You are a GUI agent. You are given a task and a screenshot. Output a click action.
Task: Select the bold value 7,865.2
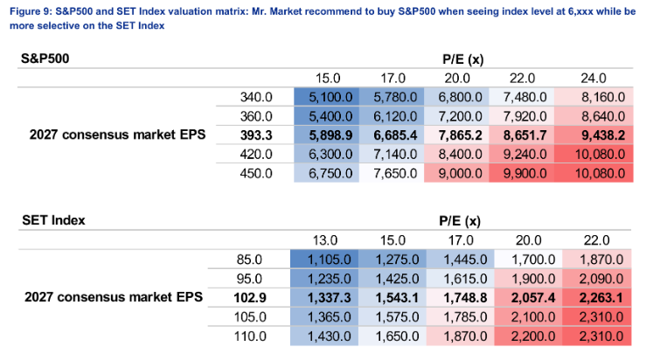click(x=460, y=135)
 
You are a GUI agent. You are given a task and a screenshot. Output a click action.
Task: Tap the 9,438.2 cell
click(x=603, y=135)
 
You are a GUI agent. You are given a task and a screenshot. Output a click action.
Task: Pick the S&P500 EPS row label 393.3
click(x=256, y=135)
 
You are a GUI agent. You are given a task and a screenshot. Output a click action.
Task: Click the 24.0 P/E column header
click(x=594, y=79)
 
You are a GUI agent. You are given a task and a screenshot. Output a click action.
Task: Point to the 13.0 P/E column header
click(x=324, y=240)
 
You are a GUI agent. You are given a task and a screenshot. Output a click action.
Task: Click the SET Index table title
click(x=53, y=220)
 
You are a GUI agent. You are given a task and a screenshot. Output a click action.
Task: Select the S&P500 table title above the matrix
click(x=45, y=59)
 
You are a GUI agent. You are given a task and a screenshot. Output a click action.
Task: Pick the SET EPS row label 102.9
click(x=250, y=298)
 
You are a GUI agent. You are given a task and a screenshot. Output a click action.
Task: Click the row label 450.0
click(x=256, y=173)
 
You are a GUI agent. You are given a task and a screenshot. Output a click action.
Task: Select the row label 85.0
click(x=249, y=260)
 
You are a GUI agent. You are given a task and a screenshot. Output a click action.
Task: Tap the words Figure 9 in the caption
click(x=29, y=11)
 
